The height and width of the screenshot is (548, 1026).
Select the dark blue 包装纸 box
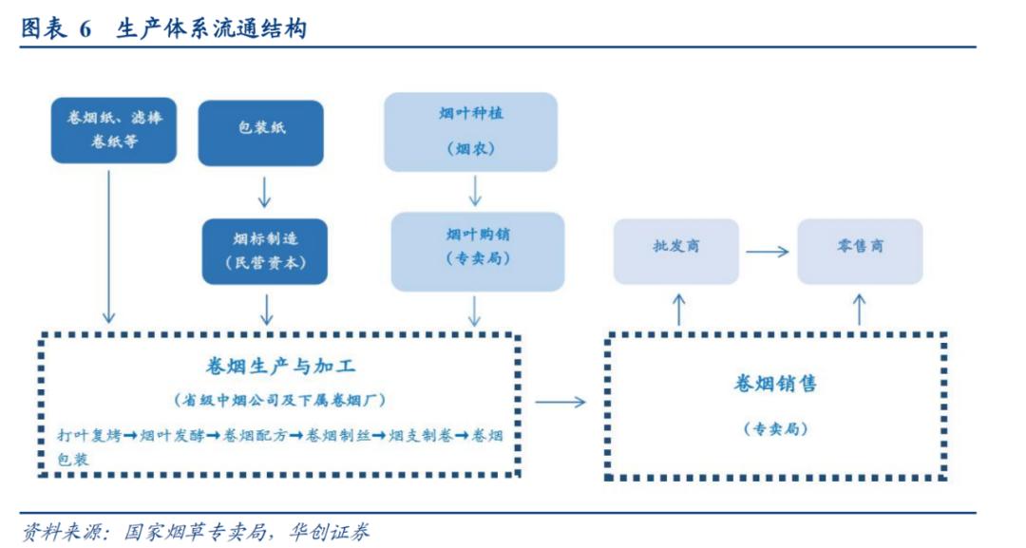pos(261,132)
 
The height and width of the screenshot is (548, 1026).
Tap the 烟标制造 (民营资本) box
pos(264,251)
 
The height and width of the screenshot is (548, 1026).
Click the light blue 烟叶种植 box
pos(471,131)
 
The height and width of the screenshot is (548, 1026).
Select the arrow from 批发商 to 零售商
pos(767,252)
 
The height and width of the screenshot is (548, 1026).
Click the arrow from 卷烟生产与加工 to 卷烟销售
pos(560,402)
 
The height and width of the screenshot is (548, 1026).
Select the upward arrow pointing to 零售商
pos(860,309)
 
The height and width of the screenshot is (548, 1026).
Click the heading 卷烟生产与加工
pos(281,366)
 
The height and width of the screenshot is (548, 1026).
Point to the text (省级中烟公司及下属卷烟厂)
pos(280,400)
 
